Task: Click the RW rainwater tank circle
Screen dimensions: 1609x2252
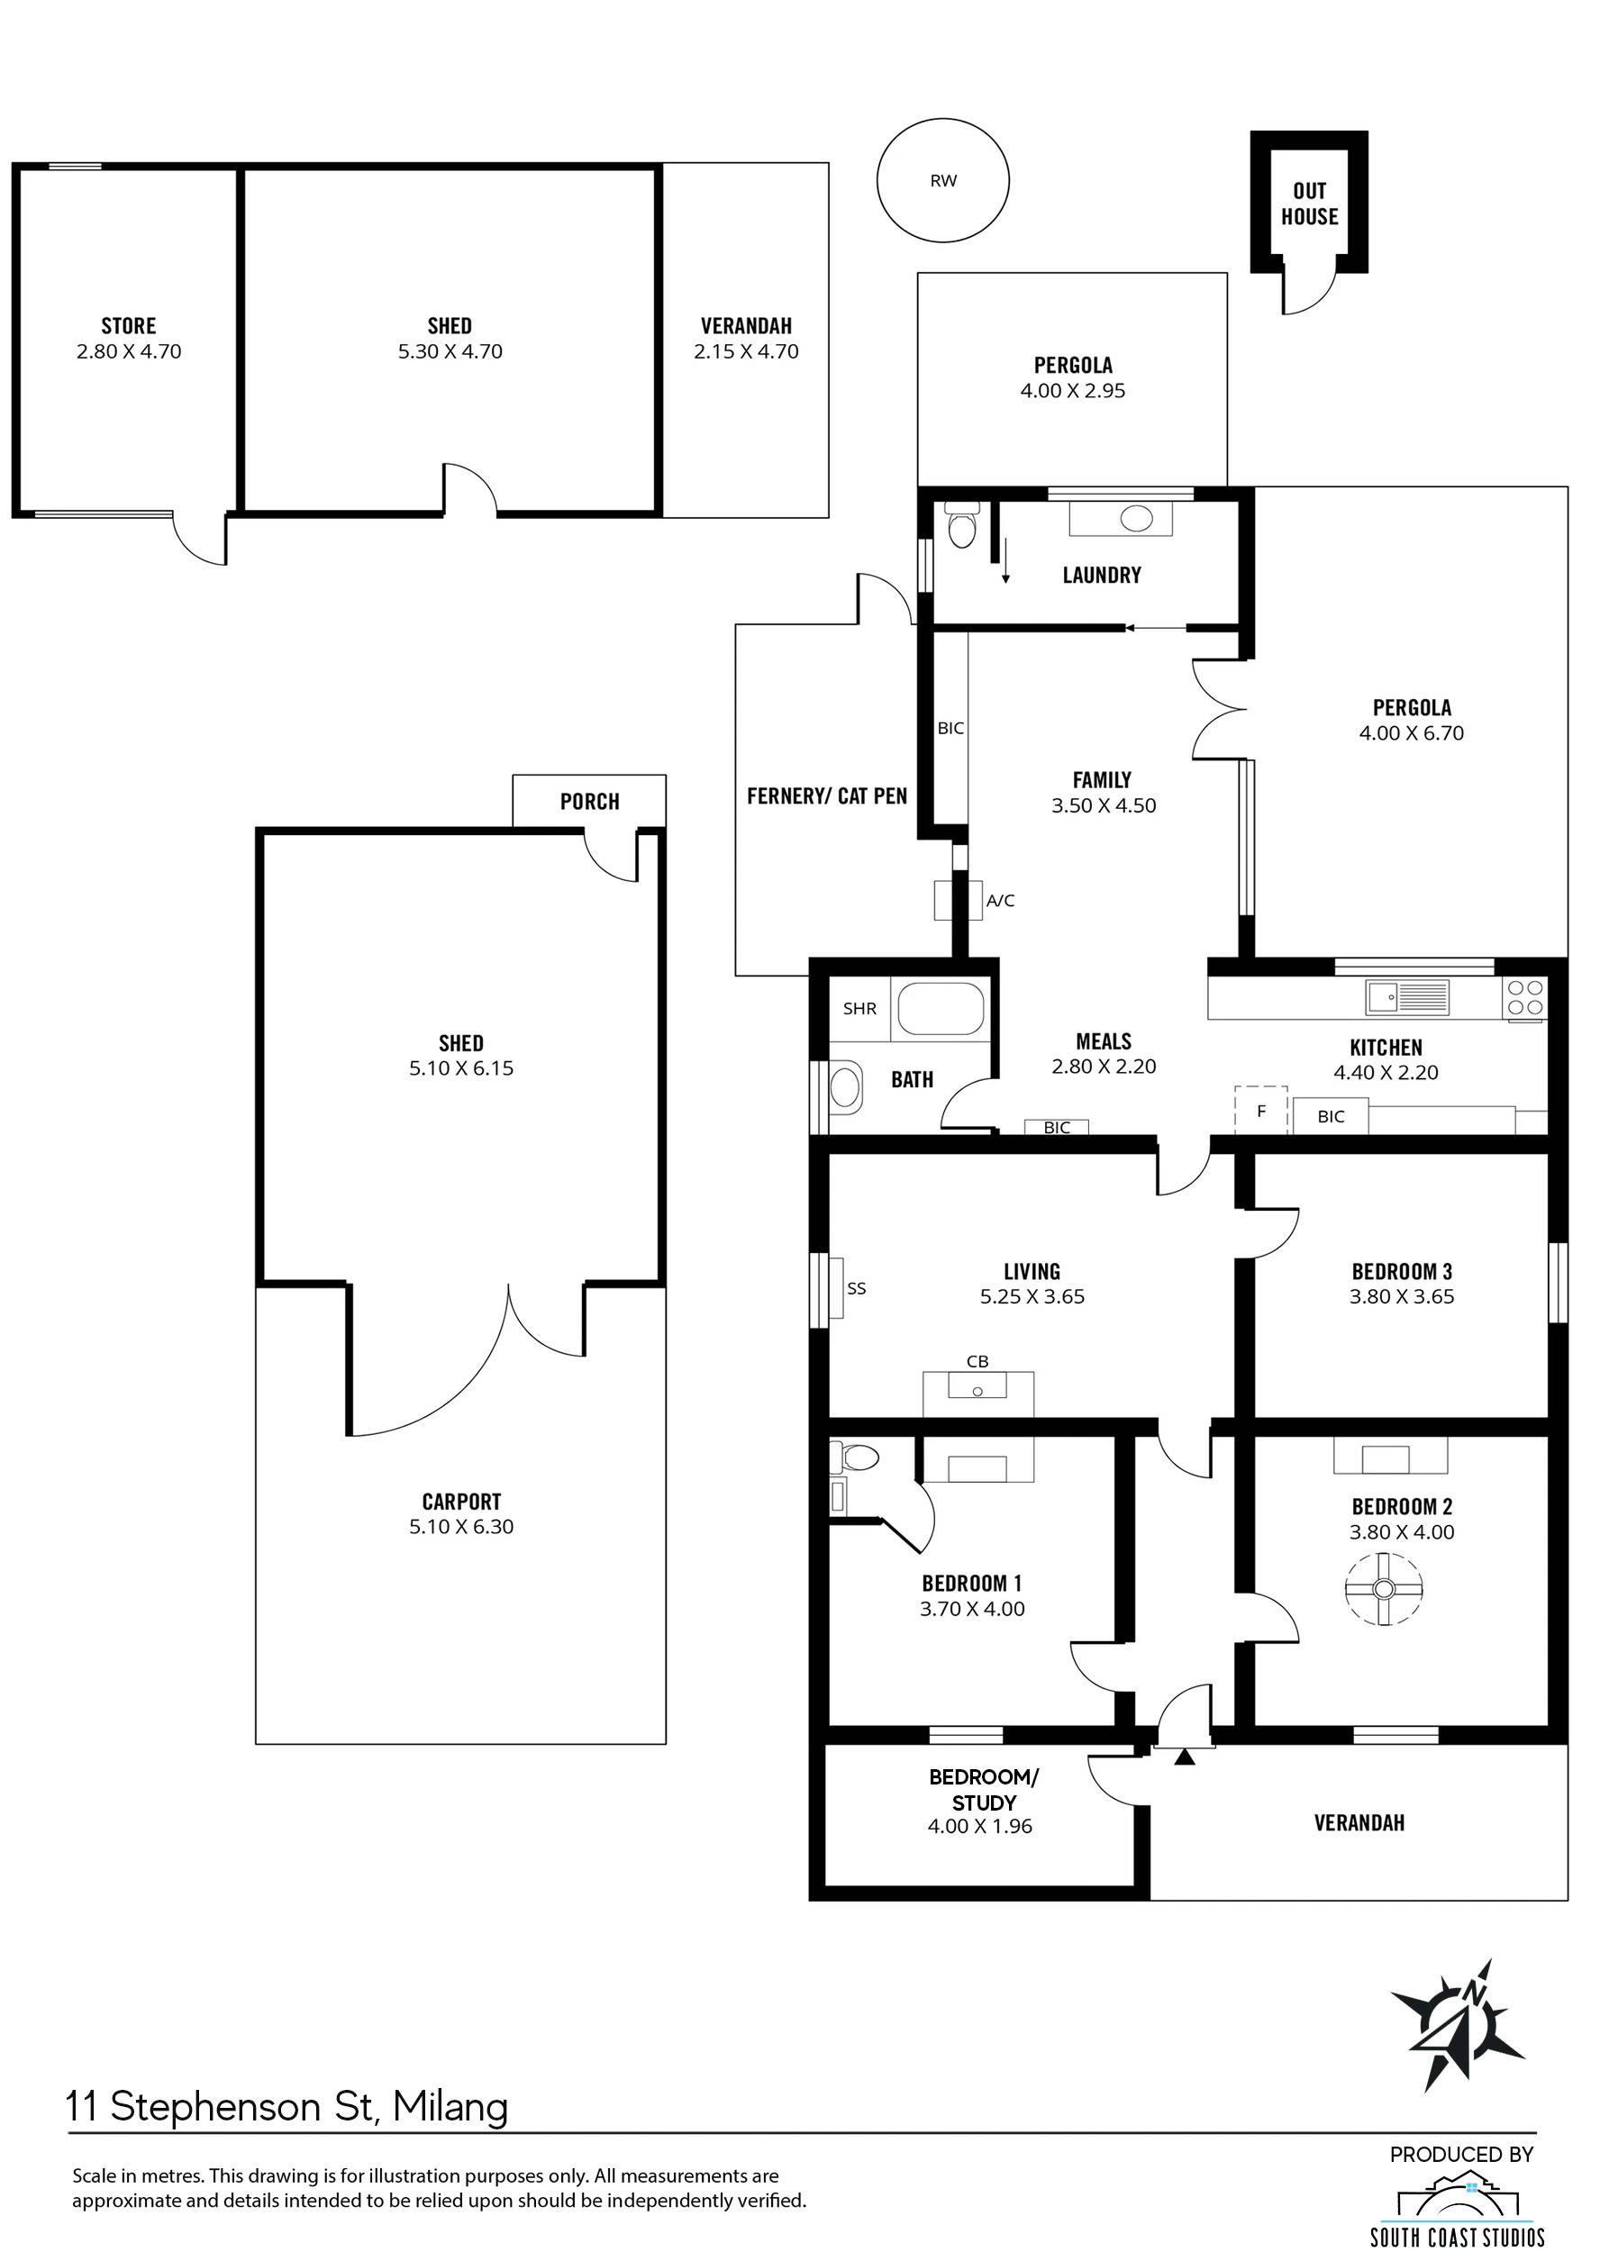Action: coord(943,120)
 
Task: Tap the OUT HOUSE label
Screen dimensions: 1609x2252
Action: coord(1309,203)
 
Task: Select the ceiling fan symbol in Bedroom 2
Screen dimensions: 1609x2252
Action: coord(1383,1588)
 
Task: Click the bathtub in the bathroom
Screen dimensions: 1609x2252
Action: coord(941,1009)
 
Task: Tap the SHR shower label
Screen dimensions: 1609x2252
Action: coord(859,1009)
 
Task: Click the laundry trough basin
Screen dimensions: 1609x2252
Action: coord(1122,518)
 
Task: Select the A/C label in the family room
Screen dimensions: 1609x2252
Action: coord(1000,901)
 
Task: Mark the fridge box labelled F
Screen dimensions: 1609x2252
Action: coord(1260,1111)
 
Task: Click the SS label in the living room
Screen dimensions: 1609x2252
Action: coord(856,1288)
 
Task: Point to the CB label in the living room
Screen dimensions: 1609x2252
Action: coord(977,1361)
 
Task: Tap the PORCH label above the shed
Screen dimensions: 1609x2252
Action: coord(589,801)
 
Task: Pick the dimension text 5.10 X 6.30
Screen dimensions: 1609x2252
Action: coord(461,1527)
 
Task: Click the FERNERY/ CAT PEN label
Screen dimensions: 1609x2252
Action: coord(827,795)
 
